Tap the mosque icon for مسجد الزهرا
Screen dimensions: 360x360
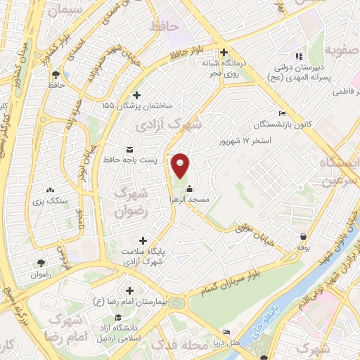[190, 188]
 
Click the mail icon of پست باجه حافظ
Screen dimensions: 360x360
[129, 149]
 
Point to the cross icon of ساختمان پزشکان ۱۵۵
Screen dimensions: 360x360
[136, 95]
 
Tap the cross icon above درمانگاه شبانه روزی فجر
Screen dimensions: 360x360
[224, 52]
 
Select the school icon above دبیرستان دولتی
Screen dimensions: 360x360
[298, 56]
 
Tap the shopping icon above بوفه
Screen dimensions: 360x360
[303, 236]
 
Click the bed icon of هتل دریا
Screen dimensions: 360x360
[226, 332]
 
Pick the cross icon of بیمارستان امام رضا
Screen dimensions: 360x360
[130, 290]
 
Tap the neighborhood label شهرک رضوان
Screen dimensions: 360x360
[133, 200]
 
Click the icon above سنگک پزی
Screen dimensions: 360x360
[50, 189]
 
